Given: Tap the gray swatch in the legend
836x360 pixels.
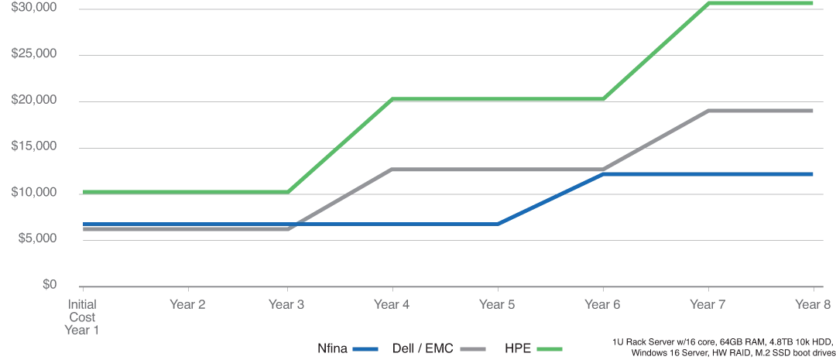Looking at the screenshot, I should pyautogui.click(x=473, y=349).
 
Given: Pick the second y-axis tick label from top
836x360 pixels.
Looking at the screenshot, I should pyautogui.click(x=32, y=53).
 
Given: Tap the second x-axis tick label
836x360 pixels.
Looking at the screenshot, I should pyautogui.click(x=188, y=301).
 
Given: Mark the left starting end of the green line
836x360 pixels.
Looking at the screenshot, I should pyautogui.click(x=83, y=190).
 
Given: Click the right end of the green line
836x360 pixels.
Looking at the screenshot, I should pyautogui.click(x=815, y=4).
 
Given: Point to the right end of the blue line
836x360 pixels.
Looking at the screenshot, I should pyautogui.click(x=815, y=174).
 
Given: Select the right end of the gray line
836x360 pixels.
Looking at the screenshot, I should pyautogui.click(x=815, y=111).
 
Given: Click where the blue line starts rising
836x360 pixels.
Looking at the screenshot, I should pyautogui.click(x=501, y=224).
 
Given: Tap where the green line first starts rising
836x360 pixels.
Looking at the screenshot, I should pyautogui.click(x=290, y=190).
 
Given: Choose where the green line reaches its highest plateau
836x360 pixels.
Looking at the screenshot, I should pyautogui.click(x=711, y=4).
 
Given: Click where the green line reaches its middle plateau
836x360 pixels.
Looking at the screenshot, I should pyautogui.click(x=393, y=98).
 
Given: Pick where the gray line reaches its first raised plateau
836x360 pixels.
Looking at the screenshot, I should pyautogui.click(x=387, y=170).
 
